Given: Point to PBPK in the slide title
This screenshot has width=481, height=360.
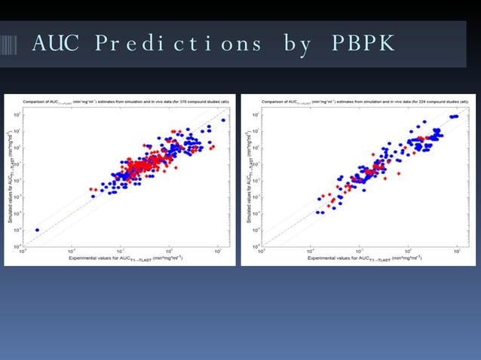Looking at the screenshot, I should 363,44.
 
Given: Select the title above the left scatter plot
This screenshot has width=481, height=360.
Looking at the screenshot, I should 123,99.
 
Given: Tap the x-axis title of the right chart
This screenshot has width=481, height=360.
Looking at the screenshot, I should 360,258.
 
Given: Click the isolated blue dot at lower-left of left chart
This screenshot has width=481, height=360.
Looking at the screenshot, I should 37,230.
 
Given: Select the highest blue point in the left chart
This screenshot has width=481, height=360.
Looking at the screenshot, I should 222,120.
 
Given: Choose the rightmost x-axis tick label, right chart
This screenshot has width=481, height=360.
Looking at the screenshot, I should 457,250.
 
